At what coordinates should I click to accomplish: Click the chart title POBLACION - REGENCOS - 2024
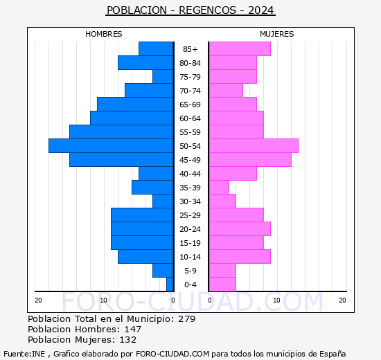click(190, 10)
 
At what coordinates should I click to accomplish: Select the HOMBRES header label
click(103, 34)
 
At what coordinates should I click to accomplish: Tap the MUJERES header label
click(276, 34)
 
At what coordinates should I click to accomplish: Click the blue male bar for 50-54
click(111, 145)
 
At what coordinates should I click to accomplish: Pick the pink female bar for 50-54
click(253, 145)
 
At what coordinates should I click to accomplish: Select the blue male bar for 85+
click(156, 48)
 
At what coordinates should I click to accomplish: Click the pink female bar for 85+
click(239, 48)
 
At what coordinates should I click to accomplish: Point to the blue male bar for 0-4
click(170, 284)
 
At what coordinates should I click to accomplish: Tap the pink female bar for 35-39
click(218, 187)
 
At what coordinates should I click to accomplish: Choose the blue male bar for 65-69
click(135, 104)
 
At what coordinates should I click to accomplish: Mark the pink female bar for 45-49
click(249, 159)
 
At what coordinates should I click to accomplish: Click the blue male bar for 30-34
click(163, 201)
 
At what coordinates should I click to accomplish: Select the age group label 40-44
click(190, 174)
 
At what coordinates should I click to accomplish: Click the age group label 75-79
click(190, 77)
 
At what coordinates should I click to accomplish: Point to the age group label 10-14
click(190, 257)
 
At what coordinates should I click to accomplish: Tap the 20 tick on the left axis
click(39, 300)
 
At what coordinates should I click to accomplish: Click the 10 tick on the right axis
click(276, 300)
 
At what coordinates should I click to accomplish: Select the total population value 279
click(186, 319)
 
